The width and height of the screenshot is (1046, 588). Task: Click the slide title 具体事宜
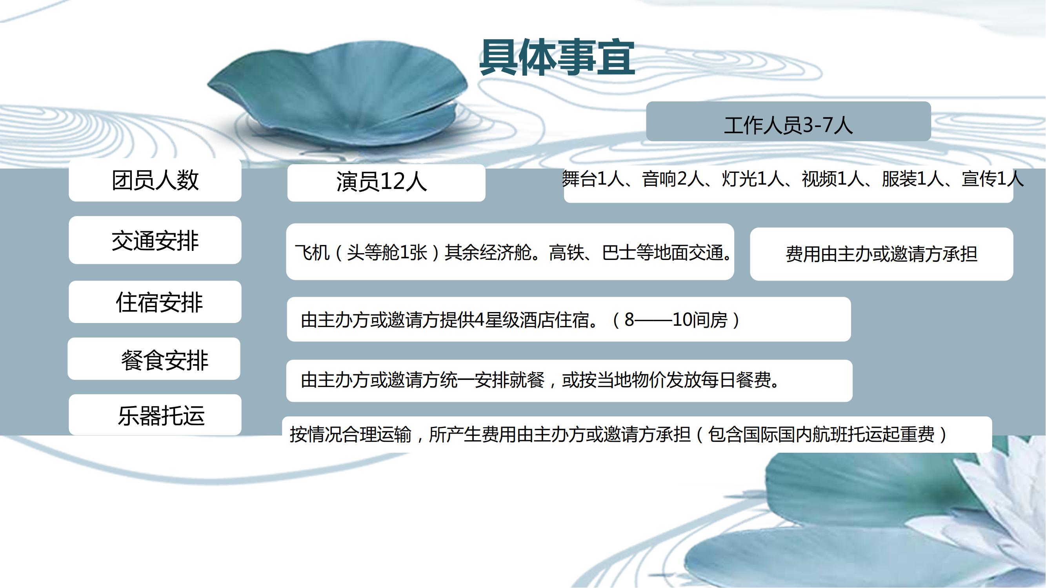tap(557, 58)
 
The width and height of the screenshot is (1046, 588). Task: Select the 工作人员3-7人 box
tap(788, 122)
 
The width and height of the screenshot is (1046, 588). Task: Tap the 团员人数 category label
tap(155, 180)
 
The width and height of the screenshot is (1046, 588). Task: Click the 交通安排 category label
tap(155, 240)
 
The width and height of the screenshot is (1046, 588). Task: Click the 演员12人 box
tap(386, 183)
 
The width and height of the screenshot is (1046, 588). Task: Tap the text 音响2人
tap(672, 179)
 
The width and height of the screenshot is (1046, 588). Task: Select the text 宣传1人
tap(992, 179)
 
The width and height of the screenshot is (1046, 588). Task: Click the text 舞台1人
tap(593, 179)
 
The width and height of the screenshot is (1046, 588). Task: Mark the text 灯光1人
tap(752, 179)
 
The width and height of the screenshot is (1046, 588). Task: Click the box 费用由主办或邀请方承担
tap(882, 254)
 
